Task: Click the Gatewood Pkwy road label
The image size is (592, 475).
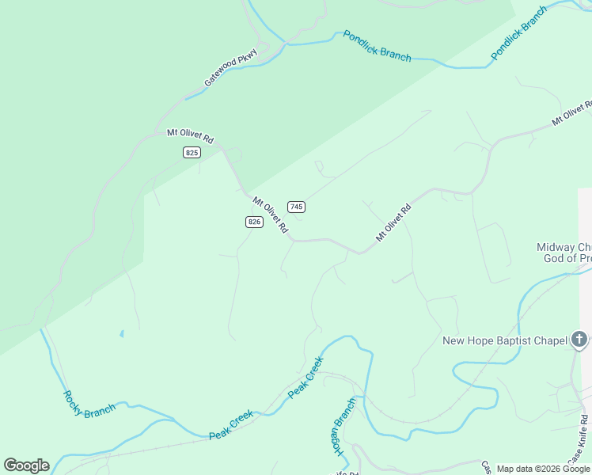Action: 231,68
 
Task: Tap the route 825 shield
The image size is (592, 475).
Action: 192,152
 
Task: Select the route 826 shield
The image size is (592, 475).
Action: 253,222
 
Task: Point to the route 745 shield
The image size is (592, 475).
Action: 296,207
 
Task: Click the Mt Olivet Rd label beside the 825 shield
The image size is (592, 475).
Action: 190,136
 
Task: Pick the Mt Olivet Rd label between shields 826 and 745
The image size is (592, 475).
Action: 270,215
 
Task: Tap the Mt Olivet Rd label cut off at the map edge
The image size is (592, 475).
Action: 571,114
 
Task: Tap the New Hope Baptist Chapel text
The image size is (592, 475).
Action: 504,340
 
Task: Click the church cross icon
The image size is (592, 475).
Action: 579,340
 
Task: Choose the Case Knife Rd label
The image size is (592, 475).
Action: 580,440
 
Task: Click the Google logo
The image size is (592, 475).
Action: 26,465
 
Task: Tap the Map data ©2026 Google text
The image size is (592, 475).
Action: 543,469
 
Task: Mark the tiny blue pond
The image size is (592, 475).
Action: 121,334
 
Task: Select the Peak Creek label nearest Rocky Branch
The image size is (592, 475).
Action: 231,425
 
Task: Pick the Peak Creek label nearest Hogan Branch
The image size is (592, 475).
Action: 305,378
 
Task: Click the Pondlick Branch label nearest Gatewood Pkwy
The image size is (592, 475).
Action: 377,46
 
